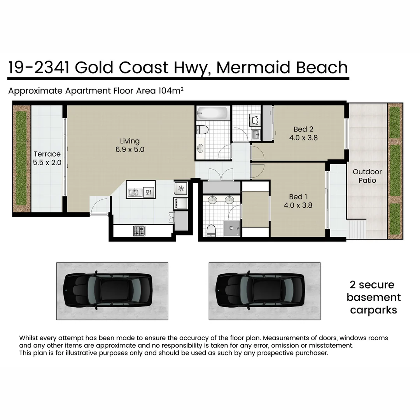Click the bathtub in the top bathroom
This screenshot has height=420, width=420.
tap(212, 114)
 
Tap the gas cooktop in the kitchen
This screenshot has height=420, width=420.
tap(139, 231)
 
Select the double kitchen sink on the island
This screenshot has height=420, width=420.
tap(135, 192)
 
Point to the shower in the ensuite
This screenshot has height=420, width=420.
tap(232, 228)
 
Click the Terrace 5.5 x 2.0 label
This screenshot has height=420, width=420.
tap(47, 158)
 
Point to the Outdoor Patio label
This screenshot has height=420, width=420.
tap(367, 176)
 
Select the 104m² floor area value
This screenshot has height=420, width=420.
tap(171, 91)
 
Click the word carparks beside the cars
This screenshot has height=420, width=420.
tap(373, 310)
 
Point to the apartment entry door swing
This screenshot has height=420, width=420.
tap(100, 206)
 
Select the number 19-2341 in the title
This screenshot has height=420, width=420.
tap(39, 67)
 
